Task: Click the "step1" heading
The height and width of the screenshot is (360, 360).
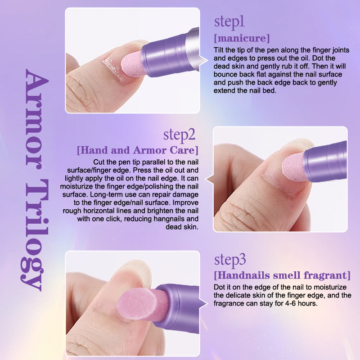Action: pyautogui.click(x=229, y=22)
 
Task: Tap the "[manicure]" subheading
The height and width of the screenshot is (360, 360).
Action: pyautogui.click(x=242, y=38)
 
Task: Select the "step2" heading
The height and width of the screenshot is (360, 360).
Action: pyautogui.click(x=179, y=135)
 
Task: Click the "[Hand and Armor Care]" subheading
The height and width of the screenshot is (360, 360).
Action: pyautogui.click(x=138, y=150)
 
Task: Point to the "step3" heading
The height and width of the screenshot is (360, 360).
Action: pyautogui.click(x=230, y=260)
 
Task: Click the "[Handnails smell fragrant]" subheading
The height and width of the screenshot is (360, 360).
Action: pyautogui.click(x=282, y=275)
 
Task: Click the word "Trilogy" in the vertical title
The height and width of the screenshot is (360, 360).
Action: pyautogui.click(x=35, y=235)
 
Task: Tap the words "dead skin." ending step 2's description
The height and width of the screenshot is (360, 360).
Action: pyautogui.click(x=182, y=227)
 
